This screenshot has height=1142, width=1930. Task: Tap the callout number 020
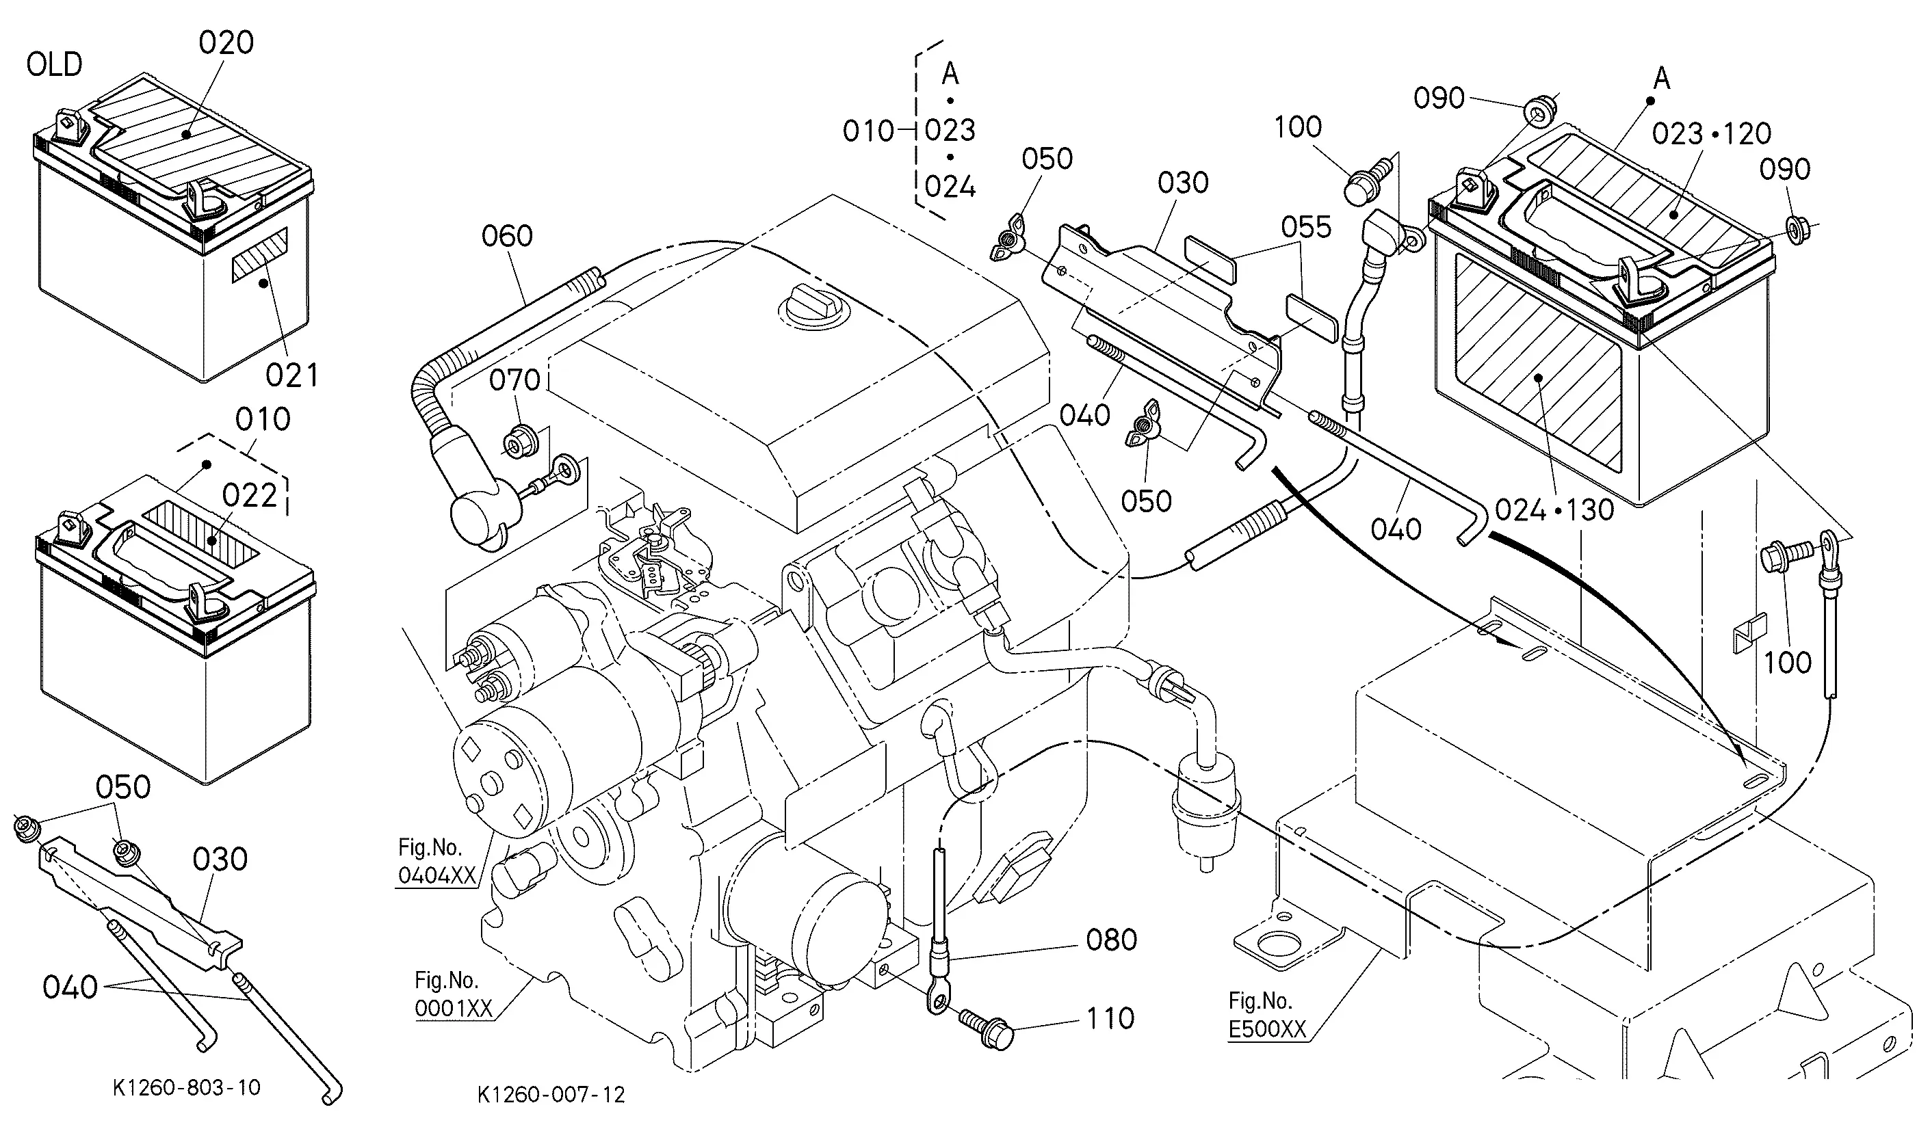click(226, 43)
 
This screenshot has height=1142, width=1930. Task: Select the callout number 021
click(291, 375)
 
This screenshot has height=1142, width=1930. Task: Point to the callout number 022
click(250, 496)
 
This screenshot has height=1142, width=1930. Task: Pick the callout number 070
click(515, 380)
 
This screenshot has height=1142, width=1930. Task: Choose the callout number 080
click(1112, 940)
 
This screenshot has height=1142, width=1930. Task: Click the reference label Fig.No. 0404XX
click(436, 861)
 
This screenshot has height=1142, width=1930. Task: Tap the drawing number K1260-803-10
click(186, 1087)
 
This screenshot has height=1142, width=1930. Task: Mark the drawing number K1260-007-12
click(551, 1094)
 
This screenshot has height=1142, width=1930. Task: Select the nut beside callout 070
click(515, 442)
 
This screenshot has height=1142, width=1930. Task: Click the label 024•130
click(1554, 509)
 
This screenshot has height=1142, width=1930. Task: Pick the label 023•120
click(1711, 134)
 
